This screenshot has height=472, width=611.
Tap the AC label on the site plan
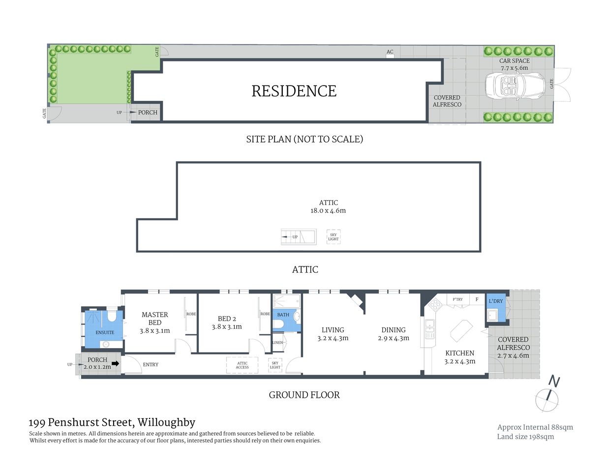(390, 52)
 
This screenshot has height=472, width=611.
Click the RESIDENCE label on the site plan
(294, 91)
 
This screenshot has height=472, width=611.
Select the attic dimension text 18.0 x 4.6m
(328, 210)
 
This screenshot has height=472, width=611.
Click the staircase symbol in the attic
(298, 236)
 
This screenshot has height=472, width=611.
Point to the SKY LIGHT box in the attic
(334, 237)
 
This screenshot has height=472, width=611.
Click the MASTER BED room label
(154, 319)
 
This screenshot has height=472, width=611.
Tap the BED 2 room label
(227, 319)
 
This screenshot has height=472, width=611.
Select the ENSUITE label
(105, 332)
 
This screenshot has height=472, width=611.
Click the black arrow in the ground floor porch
(116, 364)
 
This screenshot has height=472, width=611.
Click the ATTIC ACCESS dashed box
(242, 365)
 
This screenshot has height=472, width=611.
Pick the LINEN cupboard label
(278, 342)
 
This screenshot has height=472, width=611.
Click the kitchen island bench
(461, 330)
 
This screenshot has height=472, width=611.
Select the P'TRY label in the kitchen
(458, 299)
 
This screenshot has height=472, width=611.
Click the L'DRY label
(495, 301)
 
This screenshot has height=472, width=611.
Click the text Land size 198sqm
(525, 437)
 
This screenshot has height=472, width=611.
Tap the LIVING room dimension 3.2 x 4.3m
(333, 338)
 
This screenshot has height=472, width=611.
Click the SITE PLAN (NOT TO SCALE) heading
(305, 139)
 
